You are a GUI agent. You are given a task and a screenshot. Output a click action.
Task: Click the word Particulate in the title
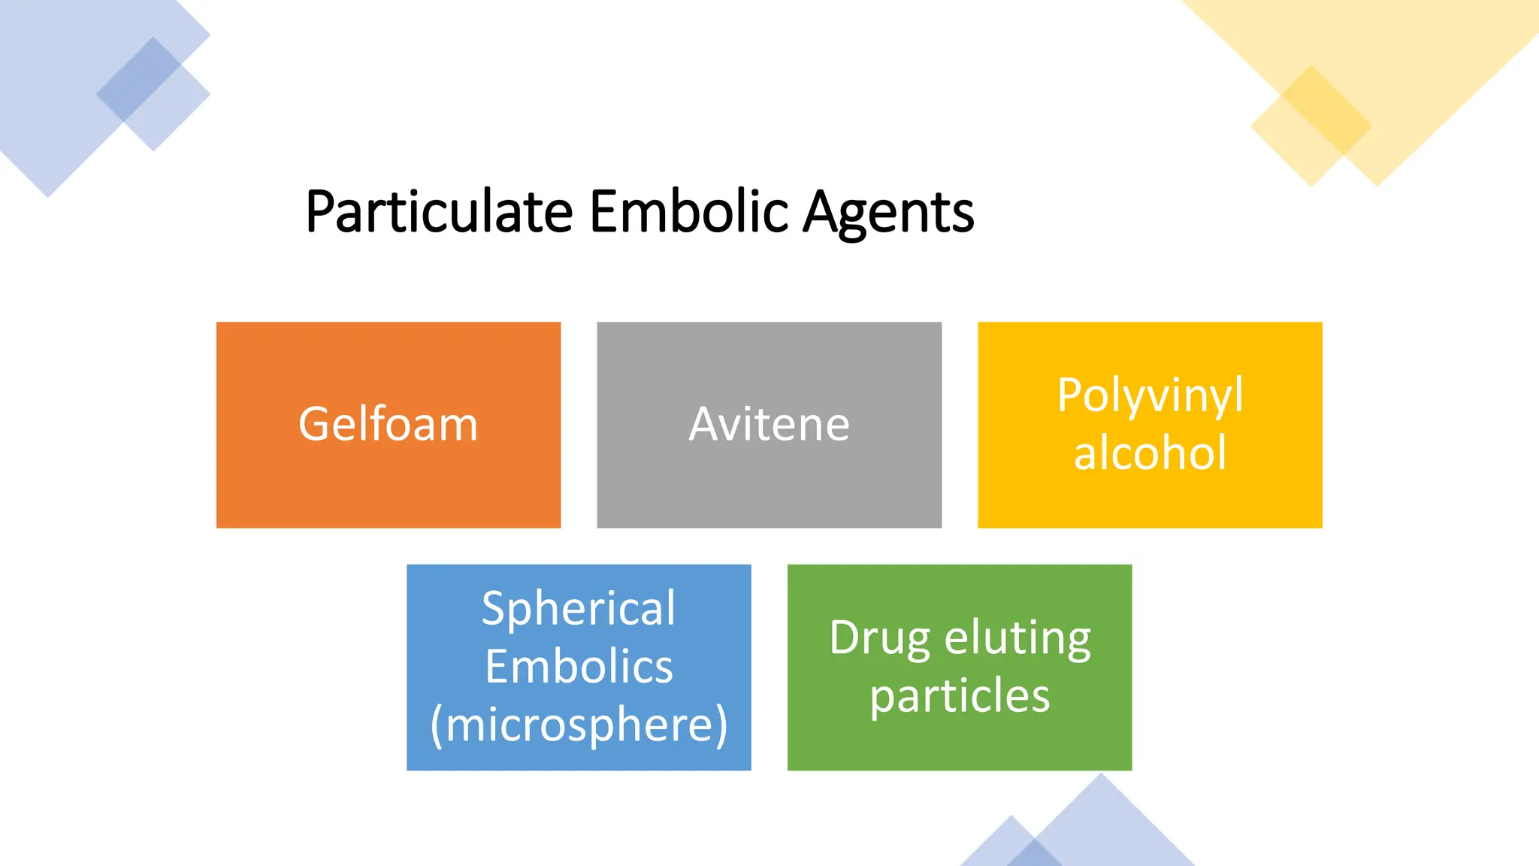(x=439, y=212)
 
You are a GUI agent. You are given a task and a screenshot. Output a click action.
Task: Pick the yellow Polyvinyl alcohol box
(x=1150, y=496)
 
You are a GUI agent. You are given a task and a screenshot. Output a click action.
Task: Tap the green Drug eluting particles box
(x=960, y=744)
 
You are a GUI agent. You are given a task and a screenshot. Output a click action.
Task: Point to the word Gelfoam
(x=388, y=424)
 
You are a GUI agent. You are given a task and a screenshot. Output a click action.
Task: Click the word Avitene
(x=769, y=424)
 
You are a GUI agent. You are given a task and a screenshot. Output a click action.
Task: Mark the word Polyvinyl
(x=1150, y=395)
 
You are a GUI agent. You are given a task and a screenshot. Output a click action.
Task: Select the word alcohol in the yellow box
(x=1150, y=453)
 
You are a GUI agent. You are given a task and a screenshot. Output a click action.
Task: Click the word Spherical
(x=579, y=608)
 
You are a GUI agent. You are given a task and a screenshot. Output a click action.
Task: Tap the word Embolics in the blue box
(x=579, y=667)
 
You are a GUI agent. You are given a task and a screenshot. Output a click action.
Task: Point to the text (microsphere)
(x=579, y=725)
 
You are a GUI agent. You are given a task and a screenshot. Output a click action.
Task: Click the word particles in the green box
(x=960, y=696)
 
